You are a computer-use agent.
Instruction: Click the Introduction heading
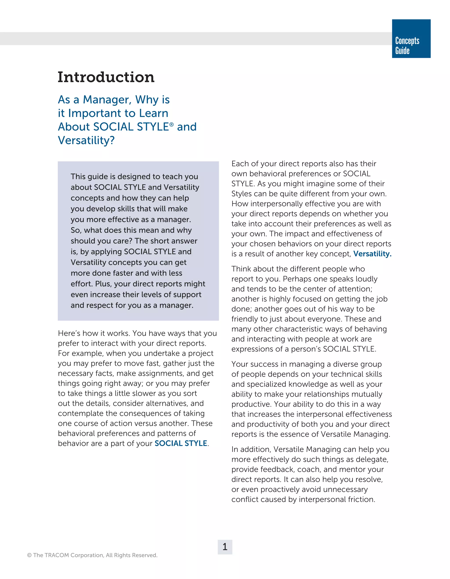point(106,77)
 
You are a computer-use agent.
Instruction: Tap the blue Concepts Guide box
point(411,39)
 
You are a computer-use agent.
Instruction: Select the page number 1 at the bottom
point(225,547)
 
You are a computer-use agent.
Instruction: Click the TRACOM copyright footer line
point(92,555)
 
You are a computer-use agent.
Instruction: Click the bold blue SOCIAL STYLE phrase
point(181,443)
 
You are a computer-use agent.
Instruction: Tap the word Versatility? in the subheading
point(86,140)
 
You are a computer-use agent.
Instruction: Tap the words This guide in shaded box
point(89,177)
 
